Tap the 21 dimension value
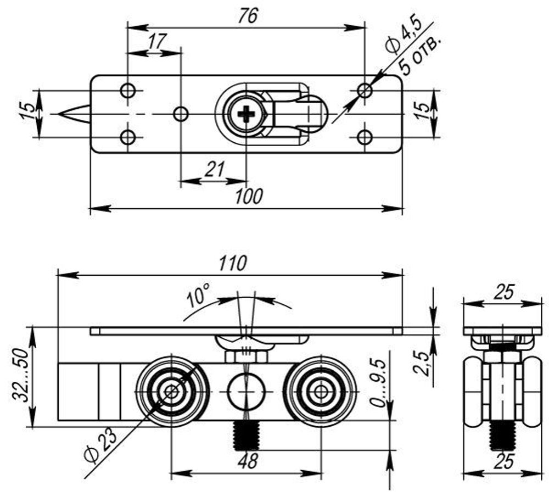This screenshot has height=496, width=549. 215,169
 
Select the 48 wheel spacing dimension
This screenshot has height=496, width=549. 248,460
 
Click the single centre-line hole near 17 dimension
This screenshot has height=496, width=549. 181,114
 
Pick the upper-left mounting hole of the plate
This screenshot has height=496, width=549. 128,90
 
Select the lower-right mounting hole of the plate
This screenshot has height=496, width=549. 365,137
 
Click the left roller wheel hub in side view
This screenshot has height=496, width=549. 172,392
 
